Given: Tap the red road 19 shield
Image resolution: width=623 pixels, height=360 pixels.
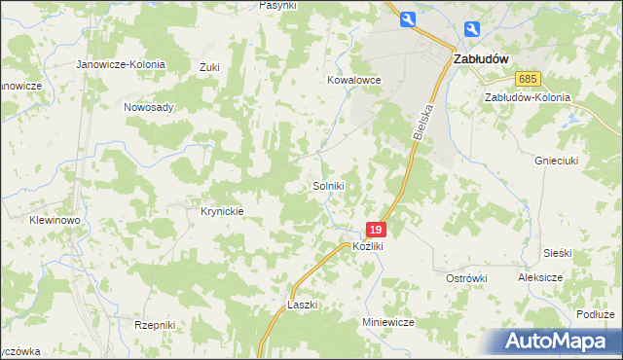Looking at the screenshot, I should coord(377,230).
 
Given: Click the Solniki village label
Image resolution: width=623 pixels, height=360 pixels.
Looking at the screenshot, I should coord(328,185).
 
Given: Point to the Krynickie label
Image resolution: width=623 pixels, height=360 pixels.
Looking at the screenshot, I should coord(221,210).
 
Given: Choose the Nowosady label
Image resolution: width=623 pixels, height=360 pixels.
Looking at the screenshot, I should coord(148,107).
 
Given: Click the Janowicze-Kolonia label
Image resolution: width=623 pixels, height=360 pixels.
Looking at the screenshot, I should coord(122,64).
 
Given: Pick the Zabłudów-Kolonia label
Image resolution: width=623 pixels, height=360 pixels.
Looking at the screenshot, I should coord(527,98).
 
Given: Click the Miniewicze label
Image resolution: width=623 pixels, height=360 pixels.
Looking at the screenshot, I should coord(388,322).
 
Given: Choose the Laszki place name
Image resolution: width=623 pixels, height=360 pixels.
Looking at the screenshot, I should coord(303,305).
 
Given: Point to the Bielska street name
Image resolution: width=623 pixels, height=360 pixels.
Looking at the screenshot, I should coord(421,123).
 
